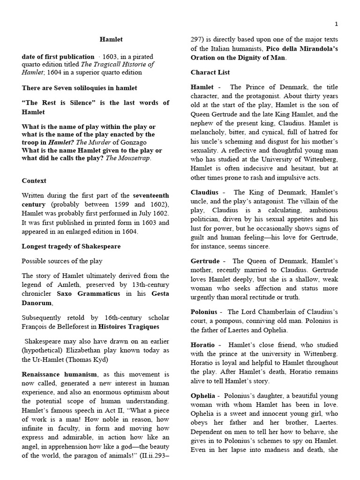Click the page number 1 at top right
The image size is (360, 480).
(336, 24)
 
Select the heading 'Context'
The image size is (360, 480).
(34, 180)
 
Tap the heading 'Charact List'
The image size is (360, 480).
(210, 72)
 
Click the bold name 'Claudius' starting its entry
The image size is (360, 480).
(204, 192)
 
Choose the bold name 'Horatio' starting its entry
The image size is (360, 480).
(203, 345)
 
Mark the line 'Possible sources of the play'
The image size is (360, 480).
(62, 261)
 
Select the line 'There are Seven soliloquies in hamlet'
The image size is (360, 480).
(79, 88)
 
